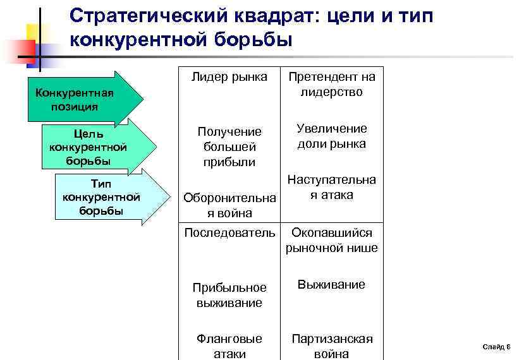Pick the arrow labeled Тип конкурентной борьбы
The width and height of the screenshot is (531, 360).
pyautogui.click(x=104, y=196)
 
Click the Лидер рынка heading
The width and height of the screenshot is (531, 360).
pyautogui.click(x=229, y=77)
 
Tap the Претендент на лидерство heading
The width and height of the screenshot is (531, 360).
pyautogui.click(x=332, y=85)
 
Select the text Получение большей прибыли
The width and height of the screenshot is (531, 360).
pyautogui.click(x=229, y=147)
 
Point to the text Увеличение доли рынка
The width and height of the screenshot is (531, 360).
pyautogui.click(x=332, y=136)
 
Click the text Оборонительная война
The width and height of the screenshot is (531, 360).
pyautogui.click(x=229, y=206)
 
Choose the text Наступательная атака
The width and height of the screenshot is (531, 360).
pyautogui.click(x=332, y=187)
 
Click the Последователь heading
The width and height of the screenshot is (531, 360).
pyautogui.click(x=229, y=233)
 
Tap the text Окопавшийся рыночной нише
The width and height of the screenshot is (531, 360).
pyautogui.click(x=332, y=240)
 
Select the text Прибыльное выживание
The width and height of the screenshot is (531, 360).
pyautogui.click(x=229, y=295)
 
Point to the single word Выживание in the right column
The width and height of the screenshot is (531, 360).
pyautogui.click(x=332, y=285)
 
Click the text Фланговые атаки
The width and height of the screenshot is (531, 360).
pyautogui.click(x=229, y=346)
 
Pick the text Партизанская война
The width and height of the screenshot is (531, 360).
pyautogui.click(x=332, y=346)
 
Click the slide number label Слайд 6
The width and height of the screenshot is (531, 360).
pyautogui.click(x=497, y=347)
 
